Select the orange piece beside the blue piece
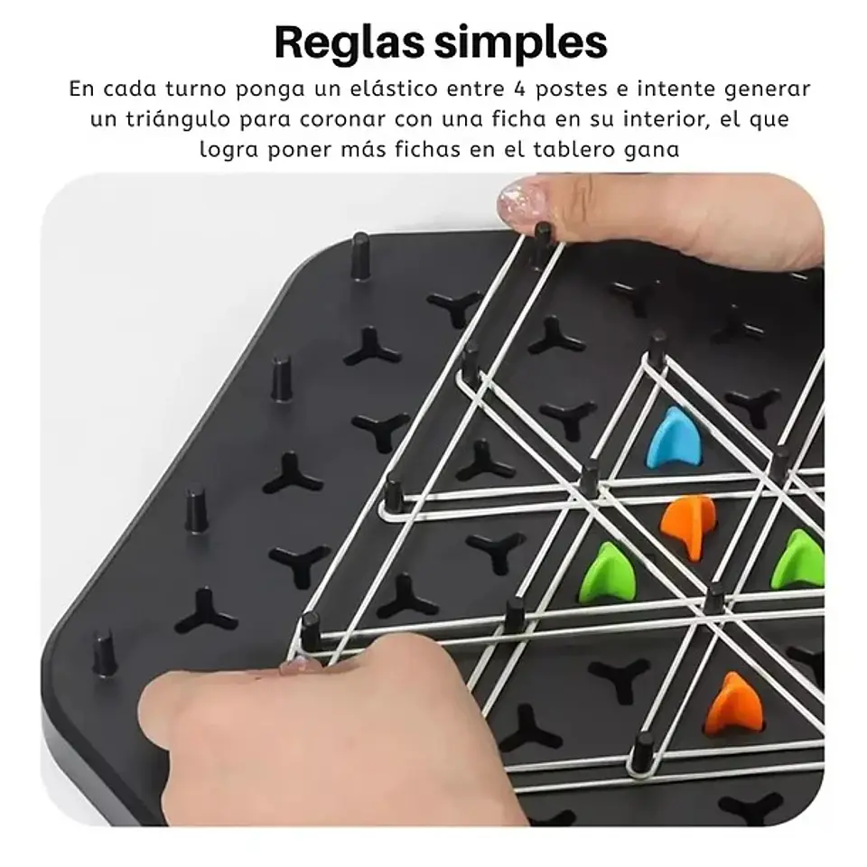point(690,527)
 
